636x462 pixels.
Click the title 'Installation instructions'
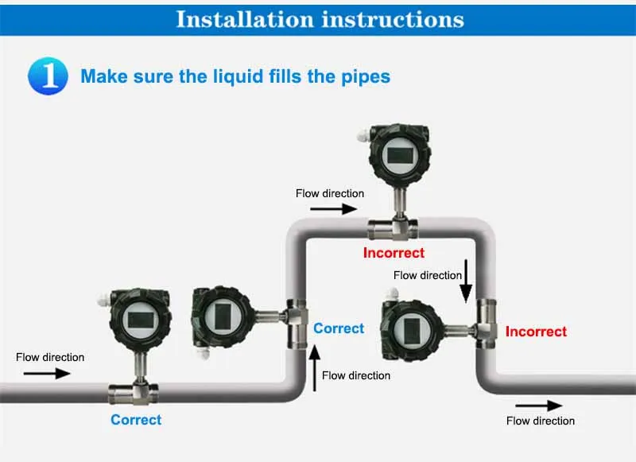coord(319,18)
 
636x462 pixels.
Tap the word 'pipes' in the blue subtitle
coord(363,76)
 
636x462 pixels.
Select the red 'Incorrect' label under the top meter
coord(394,253)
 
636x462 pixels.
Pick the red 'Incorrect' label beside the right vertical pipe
coord(537,331)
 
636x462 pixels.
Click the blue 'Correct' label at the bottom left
coord(136,419)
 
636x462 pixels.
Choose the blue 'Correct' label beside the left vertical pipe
coord(339,328)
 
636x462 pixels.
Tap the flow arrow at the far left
coord(52,373)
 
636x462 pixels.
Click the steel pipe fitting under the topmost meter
coord(394,228)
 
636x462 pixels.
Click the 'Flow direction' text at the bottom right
coord(541,421)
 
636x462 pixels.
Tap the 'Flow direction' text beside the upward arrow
coord(356,375)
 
